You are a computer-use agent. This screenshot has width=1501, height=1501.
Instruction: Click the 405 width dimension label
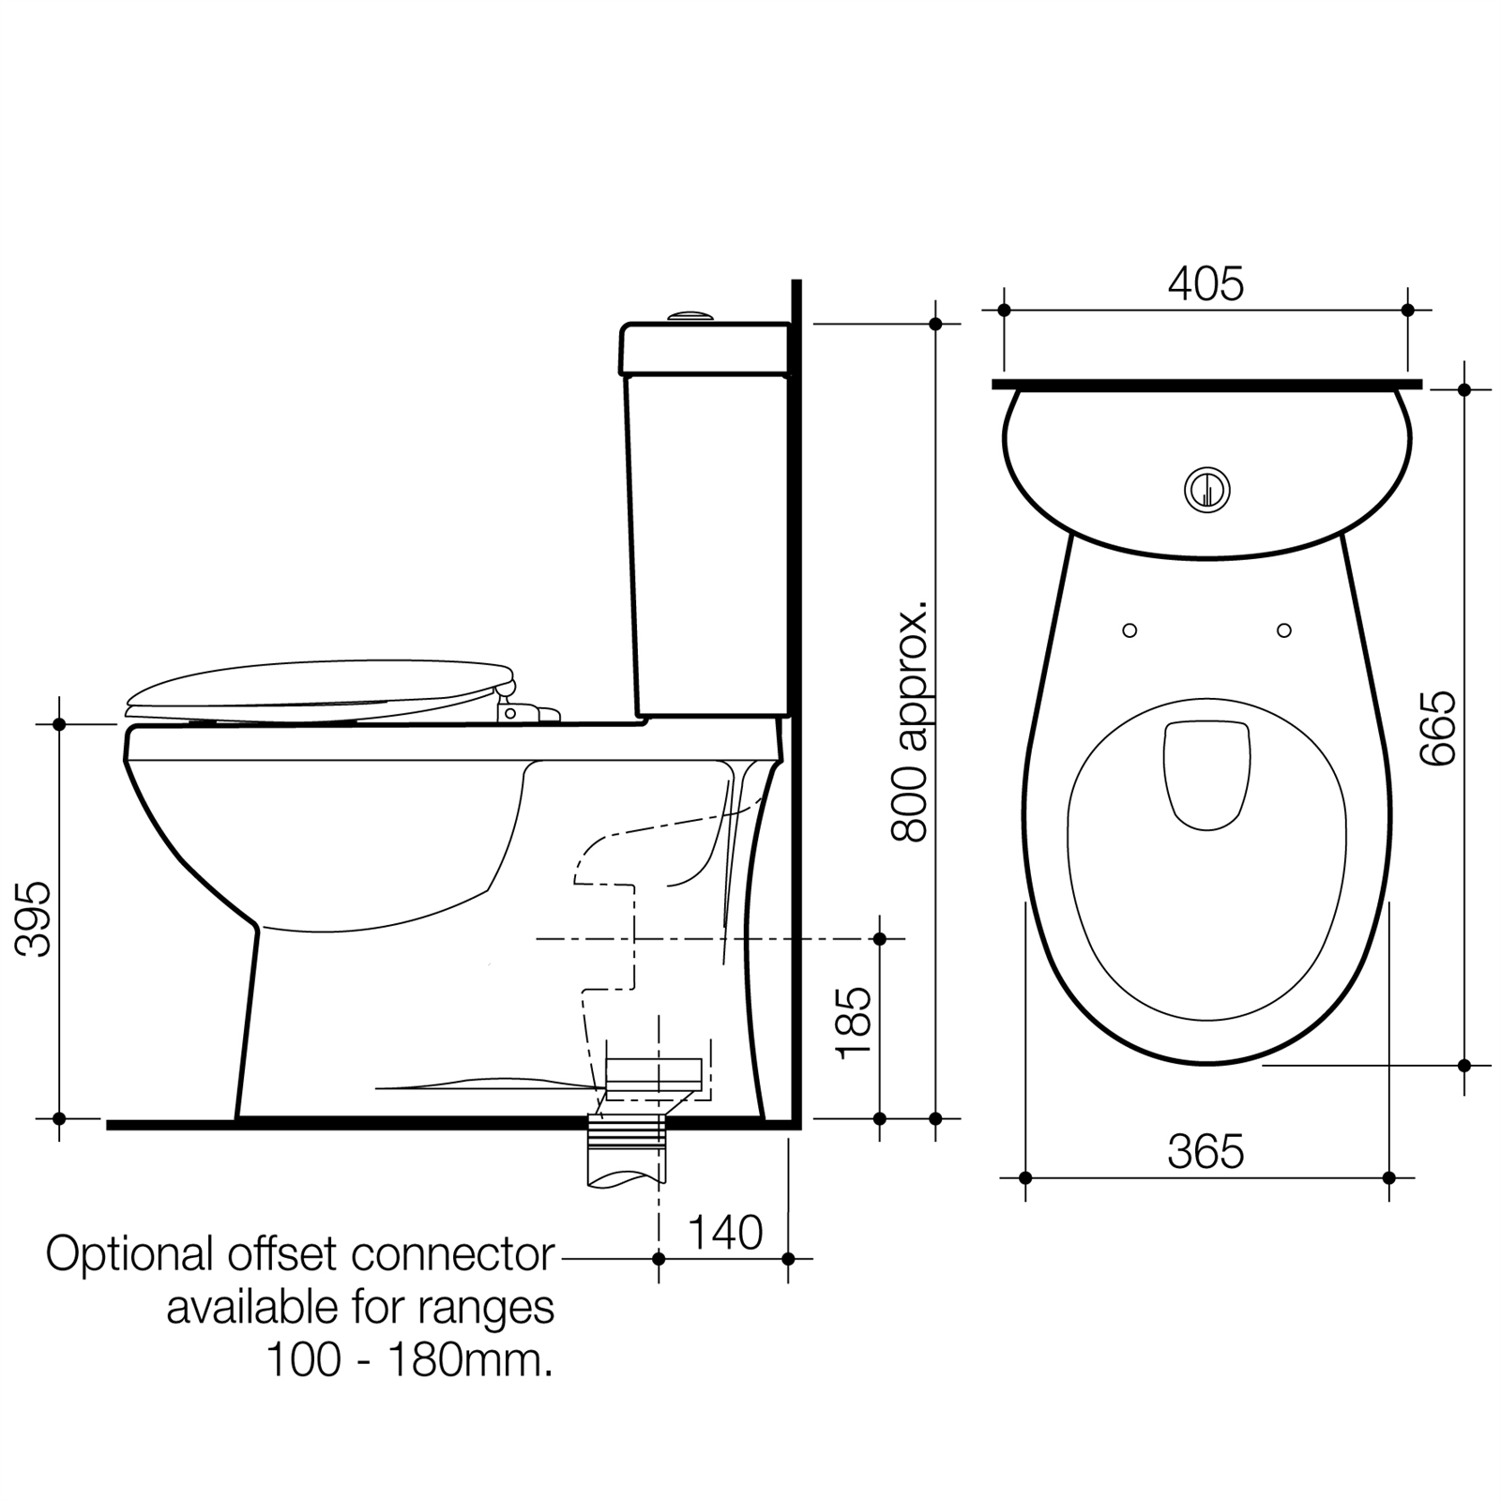pyautogui.click(x=1205, y=284)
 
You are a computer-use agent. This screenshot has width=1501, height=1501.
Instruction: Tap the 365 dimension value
pyautogui.click(x=1205, y=1152)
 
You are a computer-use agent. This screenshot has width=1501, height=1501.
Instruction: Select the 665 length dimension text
pyautogui.click(x=1437, y=728)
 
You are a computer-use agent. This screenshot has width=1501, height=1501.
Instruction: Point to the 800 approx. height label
pyautogui.click(x=909, y=720)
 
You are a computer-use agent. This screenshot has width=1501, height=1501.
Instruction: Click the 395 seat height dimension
pyautogui.click(x=36, y=918)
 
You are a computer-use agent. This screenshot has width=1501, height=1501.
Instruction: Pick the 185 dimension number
pyautogui.click(x=855, y=1023)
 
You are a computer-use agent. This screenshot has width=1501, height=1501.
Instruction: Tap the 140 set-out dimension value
pyautogui.click(x=725, y=1233)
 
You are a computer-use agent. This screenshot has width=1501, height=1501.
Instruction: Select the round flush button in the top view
pyautogui.click(x=1207, y=489)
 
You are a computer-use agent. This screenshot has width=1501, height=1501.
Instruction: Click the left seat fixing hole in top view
pyautogui.click(x=1130, y=630)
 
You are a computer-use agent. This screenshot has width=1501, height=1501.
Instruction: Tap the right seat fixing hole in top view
pyautogui.click(x=1284, y=630)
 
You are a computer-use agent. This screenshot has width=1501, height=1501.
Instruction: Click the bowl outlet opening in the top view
pyautogui.click(x=1207, y=775)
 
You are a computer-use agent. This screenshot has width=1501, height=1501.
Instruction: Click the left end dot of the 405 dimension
pyautogui.click(x=1004, y=310)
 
